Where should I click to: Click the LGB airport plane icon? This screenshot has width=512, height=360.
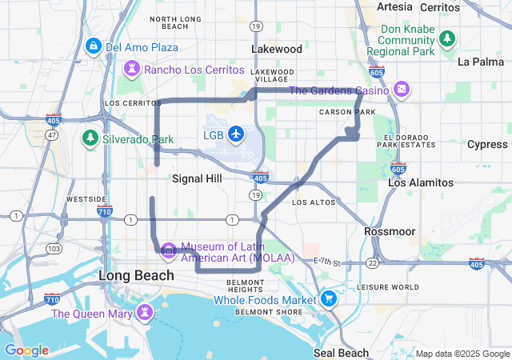tap(236, 134)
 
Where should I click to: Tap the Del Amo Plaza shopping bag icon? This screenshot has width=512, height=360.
tap(94, 47)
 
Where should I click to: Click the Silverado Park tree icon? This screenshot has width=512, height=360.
tap(90, 139)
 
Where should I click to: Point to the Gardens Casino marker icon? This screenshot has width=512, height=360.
tap(402, 90)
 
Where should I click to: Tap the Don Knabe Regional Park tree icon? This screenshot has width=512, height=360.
tap(447, 39)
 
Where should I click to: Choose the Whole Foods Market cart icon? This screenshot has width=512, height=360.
tap(329, 300)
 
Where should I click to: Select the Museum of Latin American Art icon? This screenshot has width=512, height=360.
tap(168, 251)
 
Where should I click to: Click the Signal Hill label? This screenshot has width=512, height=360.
tap(197, 179)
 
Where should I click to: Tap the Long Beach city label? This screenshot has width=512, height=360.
tap(136, 275)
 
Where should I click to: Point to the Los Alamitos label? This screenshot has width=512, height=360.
tap(420, 182)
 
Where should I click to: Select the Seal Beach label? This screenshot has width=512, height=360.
tap(342, 352)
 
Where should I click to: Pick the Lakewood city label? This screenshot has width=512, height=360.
tap(277, 49)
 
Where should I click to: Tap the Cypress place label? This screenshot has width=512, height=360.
tap(487, 144)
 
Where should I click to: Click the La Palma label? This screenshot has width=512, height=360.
tap(481, 61)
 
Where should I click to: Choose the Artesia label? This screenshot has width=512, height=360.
tap(394, 6)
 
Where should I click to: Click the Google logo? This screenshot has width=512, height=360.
tap(26, 350)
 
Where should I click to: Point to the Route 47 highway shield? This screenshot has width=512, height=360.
tap(51, 136)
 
